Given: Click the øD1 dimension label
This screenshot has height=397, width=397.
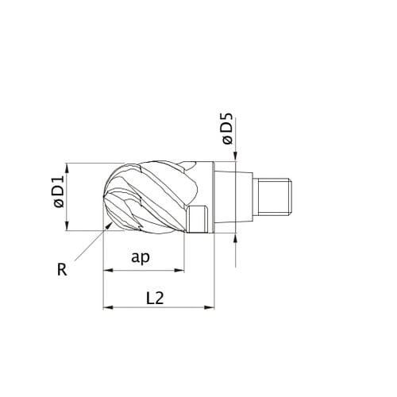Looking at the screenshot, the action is [59, 191].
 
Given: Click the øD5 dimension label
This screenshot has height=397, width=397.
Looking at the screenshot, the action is [228, 129].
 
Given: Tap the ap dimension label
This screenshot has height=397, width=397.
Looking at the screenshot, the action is [141, 257].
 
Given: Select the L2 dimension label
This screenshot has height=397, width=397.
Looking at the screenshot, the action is [155, 299].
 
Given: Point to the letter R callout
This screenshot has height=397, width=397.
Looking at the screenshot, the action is [62, 270].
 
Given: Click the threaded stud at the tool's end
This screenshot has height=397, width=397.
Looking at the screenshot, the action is [275, 197].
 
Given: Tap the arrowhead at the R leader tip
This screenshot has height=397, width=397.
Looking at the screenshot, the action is [109, 225].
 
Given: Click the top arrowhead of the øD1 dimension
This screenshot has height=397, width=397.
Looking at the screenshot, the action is [67, 168].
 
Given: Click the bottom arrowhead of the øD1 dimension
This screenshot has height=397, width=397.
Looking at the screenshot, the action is [67, 225].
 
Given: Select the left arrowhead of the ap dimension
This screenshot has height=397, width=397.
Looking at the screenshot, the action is [108, 271].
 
